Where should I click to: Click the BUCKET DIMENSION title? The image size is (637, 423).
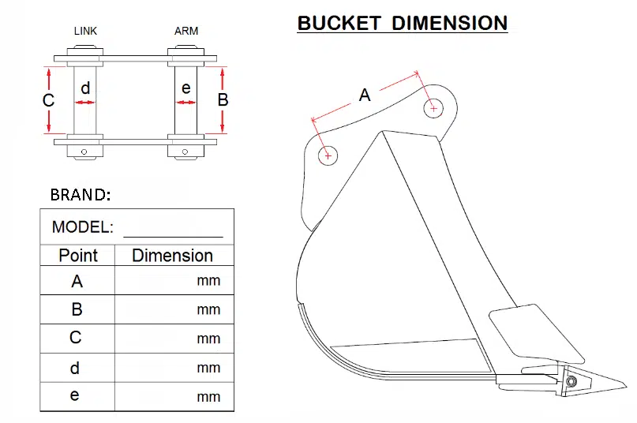(x=403, y=23)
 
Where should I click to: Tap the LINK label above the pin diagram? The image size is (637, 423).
(x=85, y=31)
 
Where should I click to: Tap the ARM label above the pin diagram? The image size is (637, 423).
(x=186, y=31)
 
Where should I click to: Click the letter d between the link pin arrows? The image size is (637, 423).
(x=85, y=88)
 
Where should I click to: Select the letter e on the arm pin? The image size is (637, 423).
(x=186, y=88)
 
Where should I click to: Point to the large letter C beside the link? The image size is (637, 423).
(x=48, y=100)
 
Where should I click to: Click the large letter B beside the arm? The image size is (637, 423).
(x=223, y=100)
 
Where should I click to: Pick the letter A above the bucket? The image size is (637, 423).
(x=365, y=95)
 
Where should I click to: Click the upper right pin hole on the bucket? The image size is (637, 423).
(x=433, y=108)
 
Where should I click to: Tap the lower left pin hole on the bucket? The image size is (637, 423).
(x=328, y=155)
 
